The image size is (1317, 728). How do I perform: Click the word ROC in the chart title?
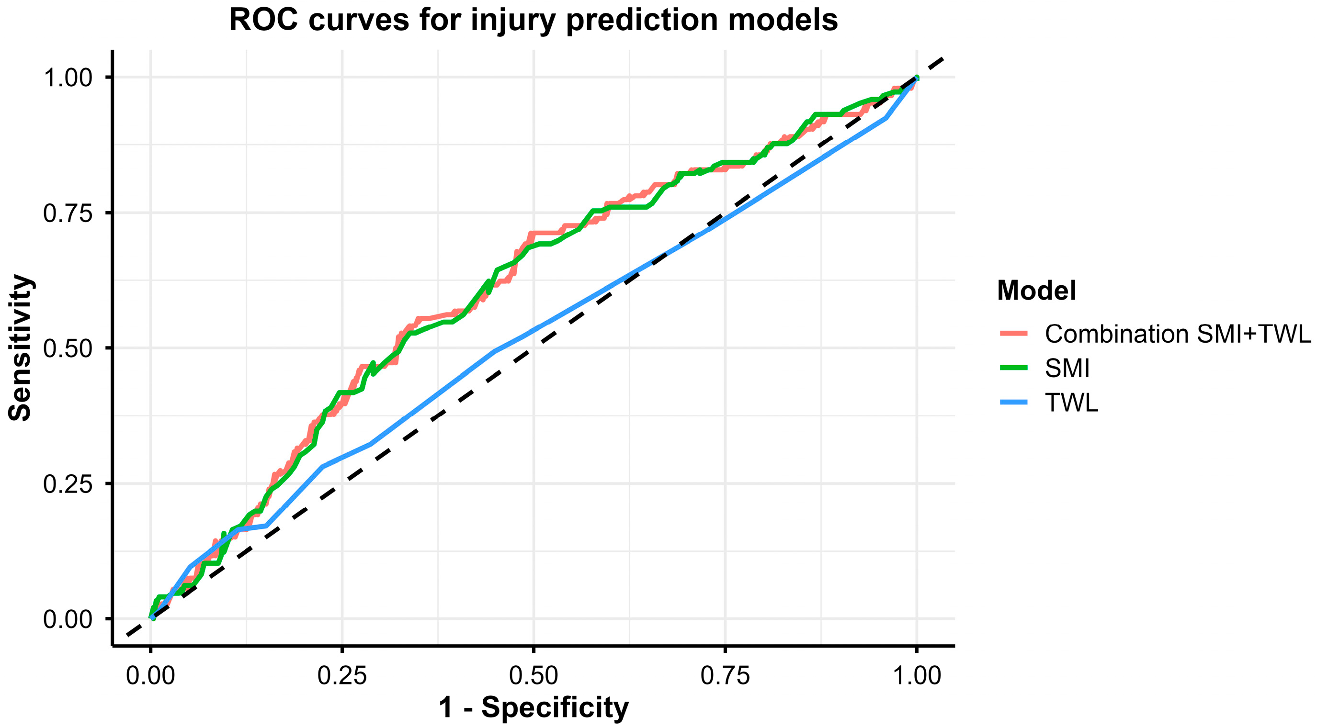[263, 21]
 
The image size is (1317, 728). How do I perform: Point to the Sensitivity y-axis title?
[21, 347]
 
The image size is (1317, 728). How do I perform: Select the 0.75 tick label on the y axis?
[68, 213]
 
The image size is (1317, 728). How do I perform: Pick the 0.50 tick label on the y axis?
[68, 349]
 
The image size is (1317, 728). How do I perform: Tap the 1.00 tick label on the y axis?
[68, 78]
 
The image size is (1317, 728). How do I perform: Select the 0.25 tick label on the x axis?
[342, 676]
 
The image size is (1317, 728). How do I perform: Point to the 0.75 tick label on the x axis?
[725, 676]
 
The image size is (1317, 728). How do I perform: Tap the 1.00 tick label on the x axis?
[916, 676]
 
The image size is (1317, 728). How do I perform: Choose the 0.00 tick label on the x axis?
[150, 676]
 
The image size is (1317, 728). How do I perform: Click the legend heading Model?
[1036, 291]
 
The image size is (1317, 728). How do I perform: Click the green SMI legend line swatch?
[1013, 368]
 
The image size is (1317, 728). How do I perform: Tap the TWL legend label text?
[1071, 403]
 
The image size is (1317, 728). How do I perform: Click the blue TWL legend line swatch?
[1013, 403]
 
